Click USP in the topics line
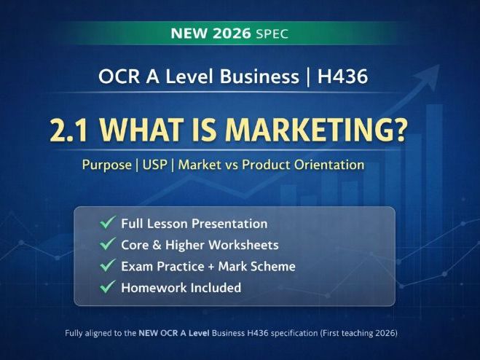click(155, 165)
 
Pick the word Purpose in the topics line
click(107, 165)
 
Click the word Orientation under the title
click(330, 165)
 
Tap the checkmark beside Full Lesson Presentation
click(108, 224)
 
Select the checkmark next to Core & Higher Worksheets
click(108, 245)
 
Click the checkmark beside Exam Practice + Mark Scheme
click(108, 266)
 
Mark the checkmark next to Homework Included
click(108, 287)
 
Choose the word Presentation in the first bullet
click(229, 224)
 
